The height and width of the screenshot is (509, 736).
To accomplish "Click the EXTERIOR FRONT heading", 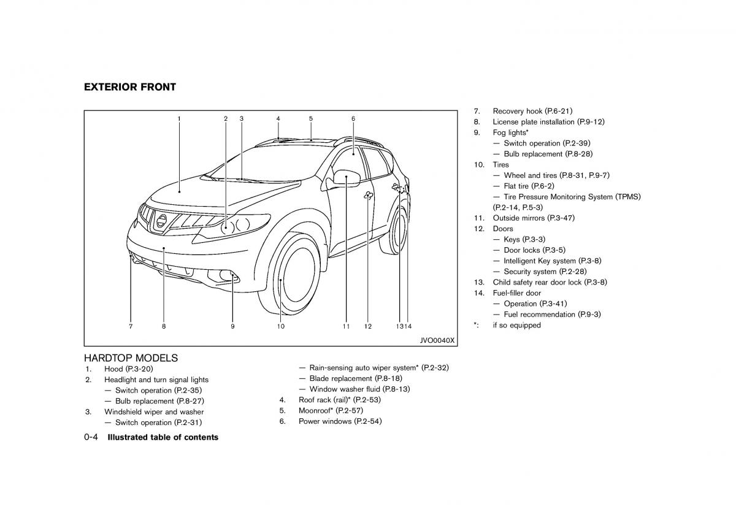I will (130, 87).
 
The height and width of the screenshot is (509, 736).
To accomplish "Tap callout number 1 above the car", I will (179, 118).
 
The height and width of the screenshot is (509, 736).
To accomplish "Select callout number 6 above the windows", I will (353, 118).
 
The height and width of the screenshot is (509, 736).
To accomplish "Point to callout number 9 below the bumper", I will (232, 327).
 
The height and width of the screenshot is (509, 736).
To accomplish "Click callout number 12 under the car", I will (368, 327).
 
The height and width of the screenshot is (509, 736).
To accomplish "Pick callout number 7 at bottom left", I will (131, 327).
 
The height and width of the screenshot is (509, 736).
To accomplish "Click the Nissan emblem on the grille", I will (161, 221).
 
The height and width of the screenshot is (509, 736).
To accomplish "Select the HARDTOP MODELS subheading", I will (131, 358).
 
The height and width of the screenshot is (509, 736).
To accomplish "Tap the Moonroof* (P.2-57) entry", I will (330, 410).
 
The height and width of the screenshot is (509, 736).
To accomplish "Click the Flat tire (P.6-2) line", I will (529, 186).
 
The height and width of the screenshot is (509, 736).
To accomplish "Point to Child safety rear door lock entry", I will (550, 282).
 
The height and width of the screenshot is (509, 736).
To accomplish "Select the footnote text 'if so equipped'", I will (516, 325).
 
